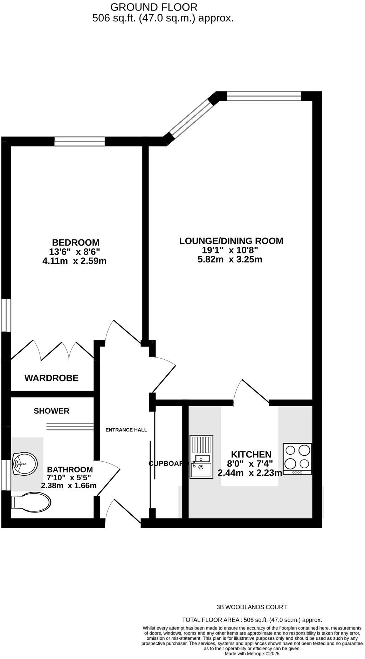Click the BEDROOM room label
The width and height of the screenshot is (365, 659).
pyautogui.click(x=76, y=242)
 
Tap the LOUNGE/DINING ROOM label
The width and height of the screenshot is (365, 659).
pyautogui.click(x=231, y=241)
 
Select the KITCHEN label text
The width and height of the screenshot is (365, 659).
pyautogui.click(x=251, y=455)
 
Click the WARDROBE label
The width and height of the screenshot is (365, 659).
pyautogui.click(x=51, y=378)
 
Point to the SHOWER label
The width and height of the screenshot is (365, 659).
pyautogui.click(x=51, y=411)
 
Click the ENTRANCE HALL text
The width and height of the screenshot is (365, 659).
pyautogui.click(x=126, y=430)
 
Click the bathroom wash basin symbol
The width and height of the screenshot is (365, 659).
pyautogui.click(x=24, y=463)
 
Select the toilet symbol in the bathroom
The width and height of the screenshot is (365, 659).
pyautogui.click(x=31, y=502)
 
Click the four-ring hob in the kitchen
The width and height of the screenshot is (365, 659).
pyautogui.click(x=297, y=459)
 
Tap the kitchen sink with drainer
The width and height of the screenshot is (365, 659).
pyautogui.click(x=201, y=457)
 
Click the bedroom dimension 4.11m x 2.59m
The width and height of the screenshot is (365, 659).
pyautogui.click(x=74, y=261)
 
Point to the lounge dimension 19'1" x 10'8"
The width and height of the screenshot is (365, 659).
pyautogui.click(x=230, y=250)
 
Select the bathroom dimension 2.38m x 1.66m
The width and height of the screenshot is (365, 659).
pyautogui.click(x=69, y=486)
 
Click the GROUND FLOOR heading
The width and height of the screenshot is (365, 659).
pyautogui.click(x=154, y=7)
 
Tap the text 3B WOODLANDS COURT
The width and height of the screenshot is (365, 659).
pyautogui.click(x=252, y=607)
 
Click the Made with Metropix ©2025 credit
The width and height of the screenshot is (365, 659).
pyautogui.click(x=252, y=654)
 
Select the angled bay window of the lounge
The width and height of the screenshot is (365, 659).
pyautogui.click(x=191, y=118)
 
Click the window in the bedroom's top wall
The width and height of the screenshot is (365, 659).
pyautogui.click(x=80, y=141)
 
